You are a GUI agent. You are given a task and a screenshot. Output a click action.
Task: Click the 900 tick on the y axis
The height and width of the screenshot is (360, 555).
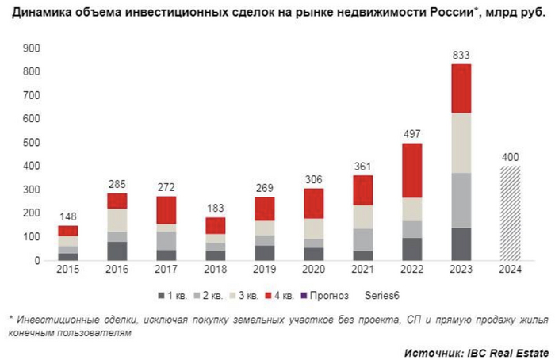coord(31,48)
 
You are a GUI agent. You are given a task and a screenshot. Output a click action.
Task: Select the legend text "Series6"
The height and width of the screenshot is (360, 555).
coord(383,296)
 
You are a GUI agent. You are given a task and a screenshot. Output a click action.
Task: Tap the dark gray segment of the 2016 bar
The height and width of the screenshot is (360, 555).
coord(117,251)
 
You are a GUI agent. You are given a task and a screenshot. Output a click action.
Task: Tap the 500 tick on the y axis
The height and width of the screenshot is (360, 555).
coord(31,143)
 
